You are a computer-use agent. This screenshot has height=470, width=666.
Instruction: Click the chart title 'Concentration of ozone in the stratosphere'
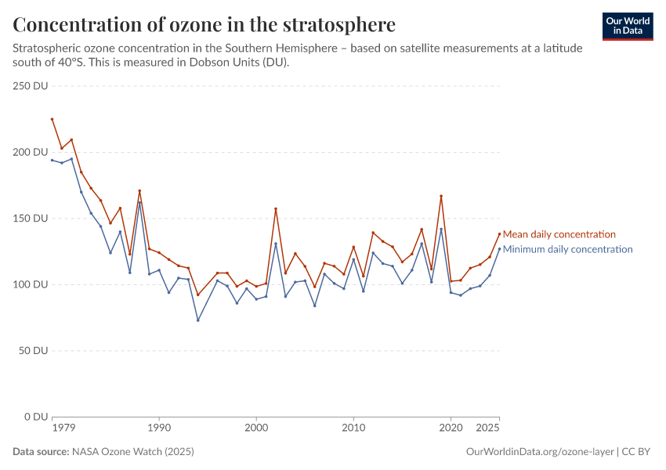click(204, 24)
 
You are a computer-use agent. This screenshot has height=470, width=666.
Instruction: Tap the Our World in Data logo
click(628, 26)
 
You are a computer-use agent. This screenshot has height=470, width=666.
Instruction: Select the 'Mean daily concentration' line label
click(559, 234)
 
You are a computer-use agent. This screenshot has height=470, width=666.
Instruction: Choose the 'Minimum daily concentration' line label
click(567, 250)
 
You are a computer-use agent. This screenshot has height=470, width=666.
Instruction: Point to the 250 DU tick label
click(31, 85)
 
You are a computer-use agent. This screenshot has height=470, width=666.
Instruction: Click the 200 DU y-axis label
click(31, 152)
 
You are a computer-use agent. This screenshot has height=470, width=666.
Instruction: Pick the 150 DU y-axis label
click(31, 218)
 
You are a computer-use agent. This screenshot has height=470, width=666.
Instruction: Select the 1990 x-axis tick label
click(159, 428)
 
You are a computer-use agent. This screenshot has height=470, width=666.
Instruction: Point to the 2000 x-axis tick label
click(256, 428)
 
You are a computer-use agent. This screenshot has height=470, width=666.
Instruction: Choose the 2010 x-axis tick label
click(353, 428)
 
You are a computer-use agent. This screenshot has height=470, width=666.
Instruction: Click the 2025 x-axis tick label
click(488, 428)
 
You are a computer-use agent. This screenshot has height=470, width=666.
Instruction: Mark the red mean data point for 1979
click(52, 119)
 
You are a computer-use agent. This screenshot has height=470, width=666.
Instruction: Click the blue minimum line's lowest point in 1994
click(198, 320)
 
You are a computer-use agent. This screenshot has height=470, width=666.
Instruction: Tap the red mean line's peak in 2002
click(276, 208)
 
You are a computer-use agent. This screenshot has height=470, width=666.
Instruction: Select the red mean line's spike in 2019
click(441, 196)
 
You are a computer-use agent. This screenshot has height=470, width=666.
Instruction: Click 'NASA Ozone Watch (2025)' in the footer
click(132, 452)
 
